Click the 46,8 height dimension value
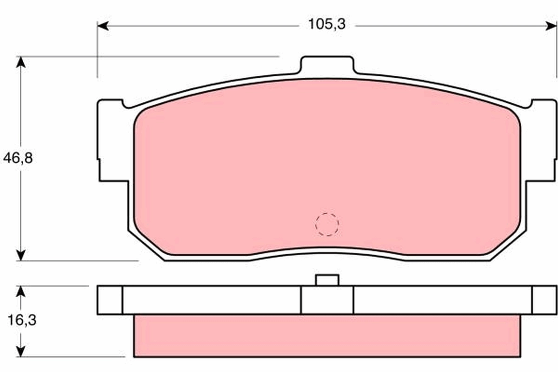tap(18, 158)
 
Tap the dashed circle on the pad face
tap(327, 225)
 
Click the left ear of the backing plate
tap(112, 139)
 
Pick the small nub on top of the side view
tap(327, 280)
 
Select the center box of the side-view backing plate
tap(327, 300)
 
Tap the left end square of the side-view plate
tap(110, 300)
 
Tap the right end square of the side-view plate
tap(544, 300)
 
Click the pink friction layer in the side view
tap(327, 336)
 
